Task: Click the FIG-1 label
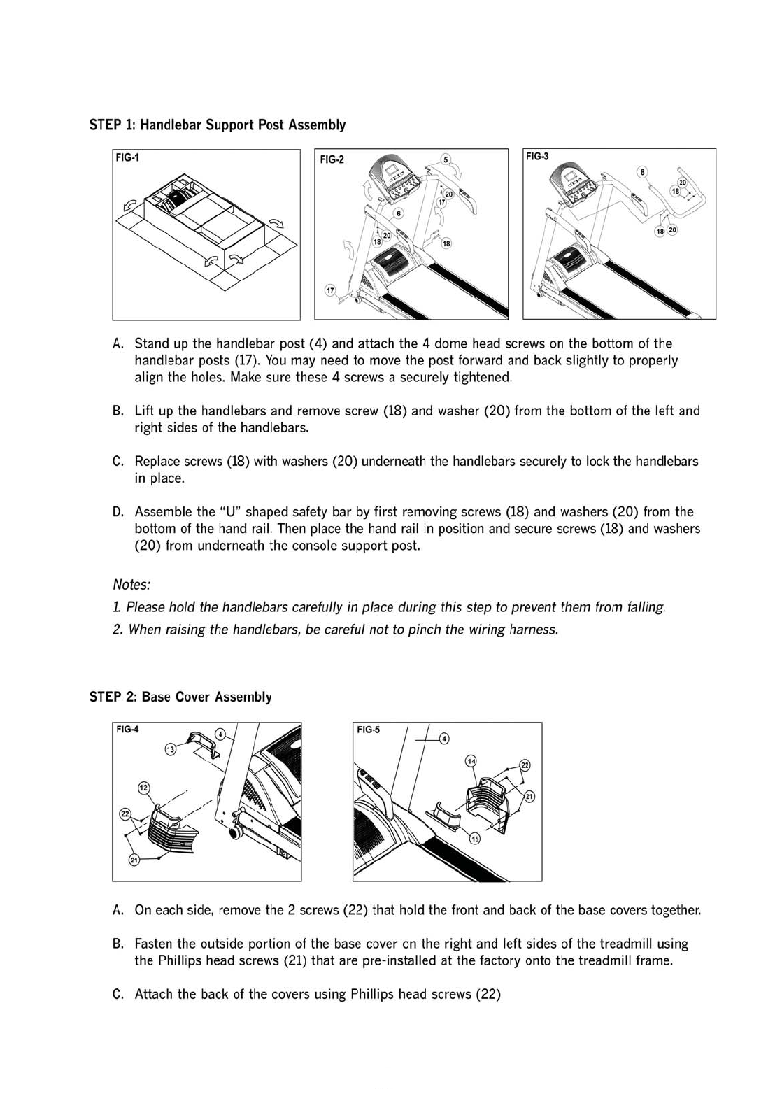[127, 158]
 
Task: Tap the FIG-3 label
[537, 157]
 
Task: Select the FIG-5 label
[368, 730]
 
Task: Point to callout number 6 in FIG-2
[399, 213]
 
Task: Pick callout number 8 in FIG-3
[642, 171]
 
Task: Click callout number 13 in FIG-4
[170, 749]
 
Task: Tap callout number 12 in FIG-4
[144, 788]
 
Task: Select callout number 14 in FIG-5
[471, 760]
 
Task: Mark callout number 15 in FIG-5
[475, 839]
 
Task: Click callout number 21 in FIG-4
[134, 860]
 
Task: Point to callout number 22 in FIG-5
[525, 765]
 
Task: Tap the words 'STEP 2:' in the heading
[113, 697]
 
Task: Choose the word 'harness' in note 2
[534, 630]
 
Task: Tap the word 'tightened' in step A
[482, 378]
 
